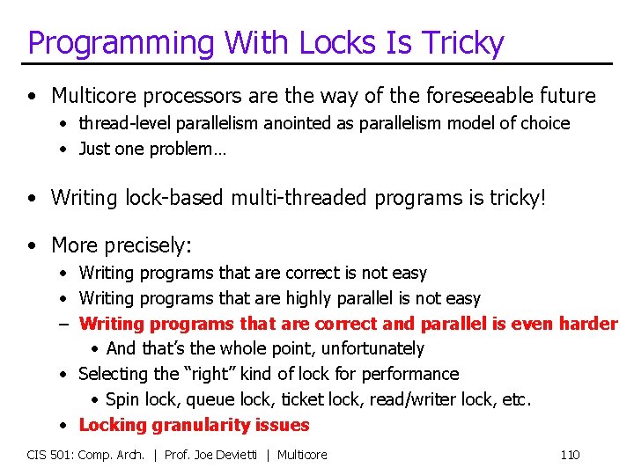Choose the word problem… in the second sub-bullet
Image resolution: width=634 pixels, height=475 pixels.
pyautogui.click(x=193, y=149)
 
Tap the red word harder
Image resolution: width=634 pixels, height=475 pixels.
pyautogui.click(x=588, y=324)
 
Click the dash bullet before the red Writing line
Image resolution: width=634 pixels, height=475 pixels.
pyautogui.click(x=65, y=324)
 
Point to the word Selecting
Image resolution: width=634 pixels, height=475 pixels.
pyautogui.click(x=114, y=374)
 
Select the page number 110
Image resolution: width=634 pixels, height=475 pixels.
pyautogui.click(x=570, y=455)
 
